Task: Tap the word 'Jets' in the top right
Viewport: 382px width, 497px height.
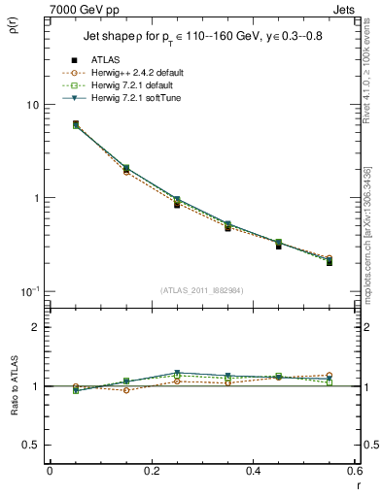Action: point(346,8)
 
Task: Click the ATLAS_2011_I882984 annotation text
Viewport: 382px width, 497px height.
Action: point(202,290)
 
